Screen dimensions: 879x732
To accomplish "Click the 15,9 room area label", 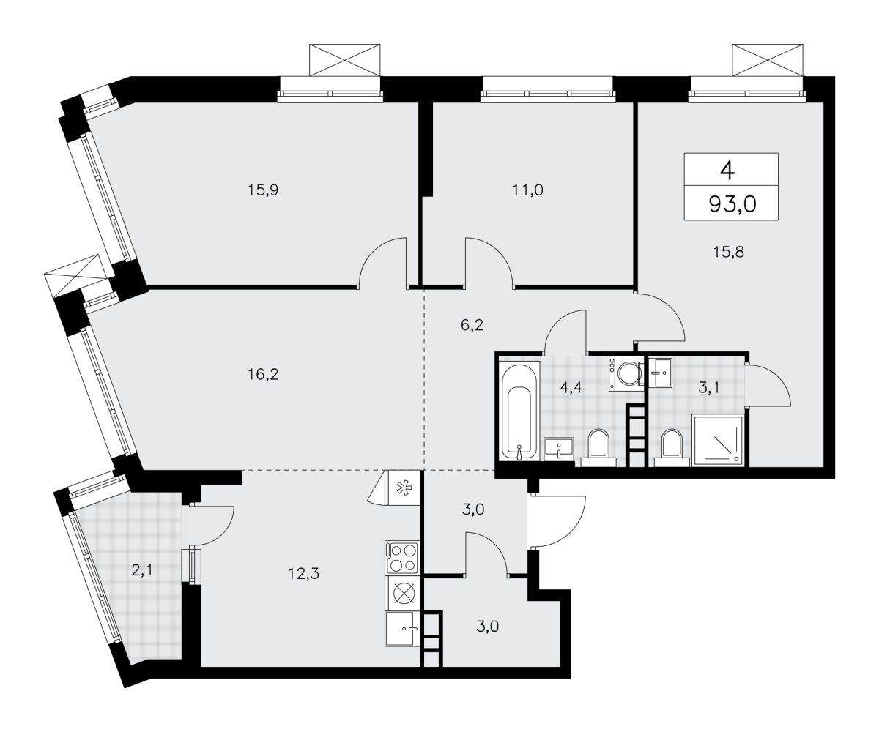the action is coord(263,190).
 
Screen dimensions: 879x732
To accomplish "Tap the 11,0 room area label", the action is coord(527,190).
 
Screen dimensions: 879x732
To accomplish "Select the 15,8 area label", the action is coord(728,252).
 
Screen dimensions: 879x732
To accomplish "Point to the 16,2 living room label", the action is coord(263,374).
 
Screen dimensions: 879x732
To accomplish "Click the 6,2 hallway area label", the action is coord(472,325).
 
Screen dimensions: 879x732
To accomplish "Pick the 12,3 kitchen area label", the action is coord(303,573).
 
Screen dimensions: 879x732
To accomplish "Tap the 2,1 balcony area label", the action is coord(141,570).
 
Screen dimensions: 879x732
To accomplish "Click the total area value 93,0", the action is coord(732,204).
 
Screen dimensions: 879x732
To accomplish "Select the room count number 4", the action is coord(727,171).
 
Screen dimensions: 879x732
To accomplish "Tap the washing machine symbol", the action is coord(626,374).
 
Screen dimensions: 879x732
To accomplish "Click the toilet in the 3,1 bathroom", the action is coord(671,447).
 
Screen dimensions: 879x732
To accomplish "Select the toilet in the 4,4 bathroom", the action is coord(598,447).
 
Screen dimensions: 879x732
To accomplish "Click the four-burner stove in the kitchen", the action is coord(402,558).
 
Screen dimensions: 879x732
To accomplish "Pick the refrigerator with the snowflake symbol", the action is coord(403,488).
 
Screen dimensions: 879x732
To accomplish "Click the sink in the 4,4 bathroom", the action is coord(559,449).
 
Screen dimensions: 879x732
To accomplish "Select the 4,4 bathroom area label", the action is coord(571,387).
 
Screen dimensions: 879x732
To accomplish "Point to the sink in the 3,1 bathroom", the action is coord(660,373).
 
